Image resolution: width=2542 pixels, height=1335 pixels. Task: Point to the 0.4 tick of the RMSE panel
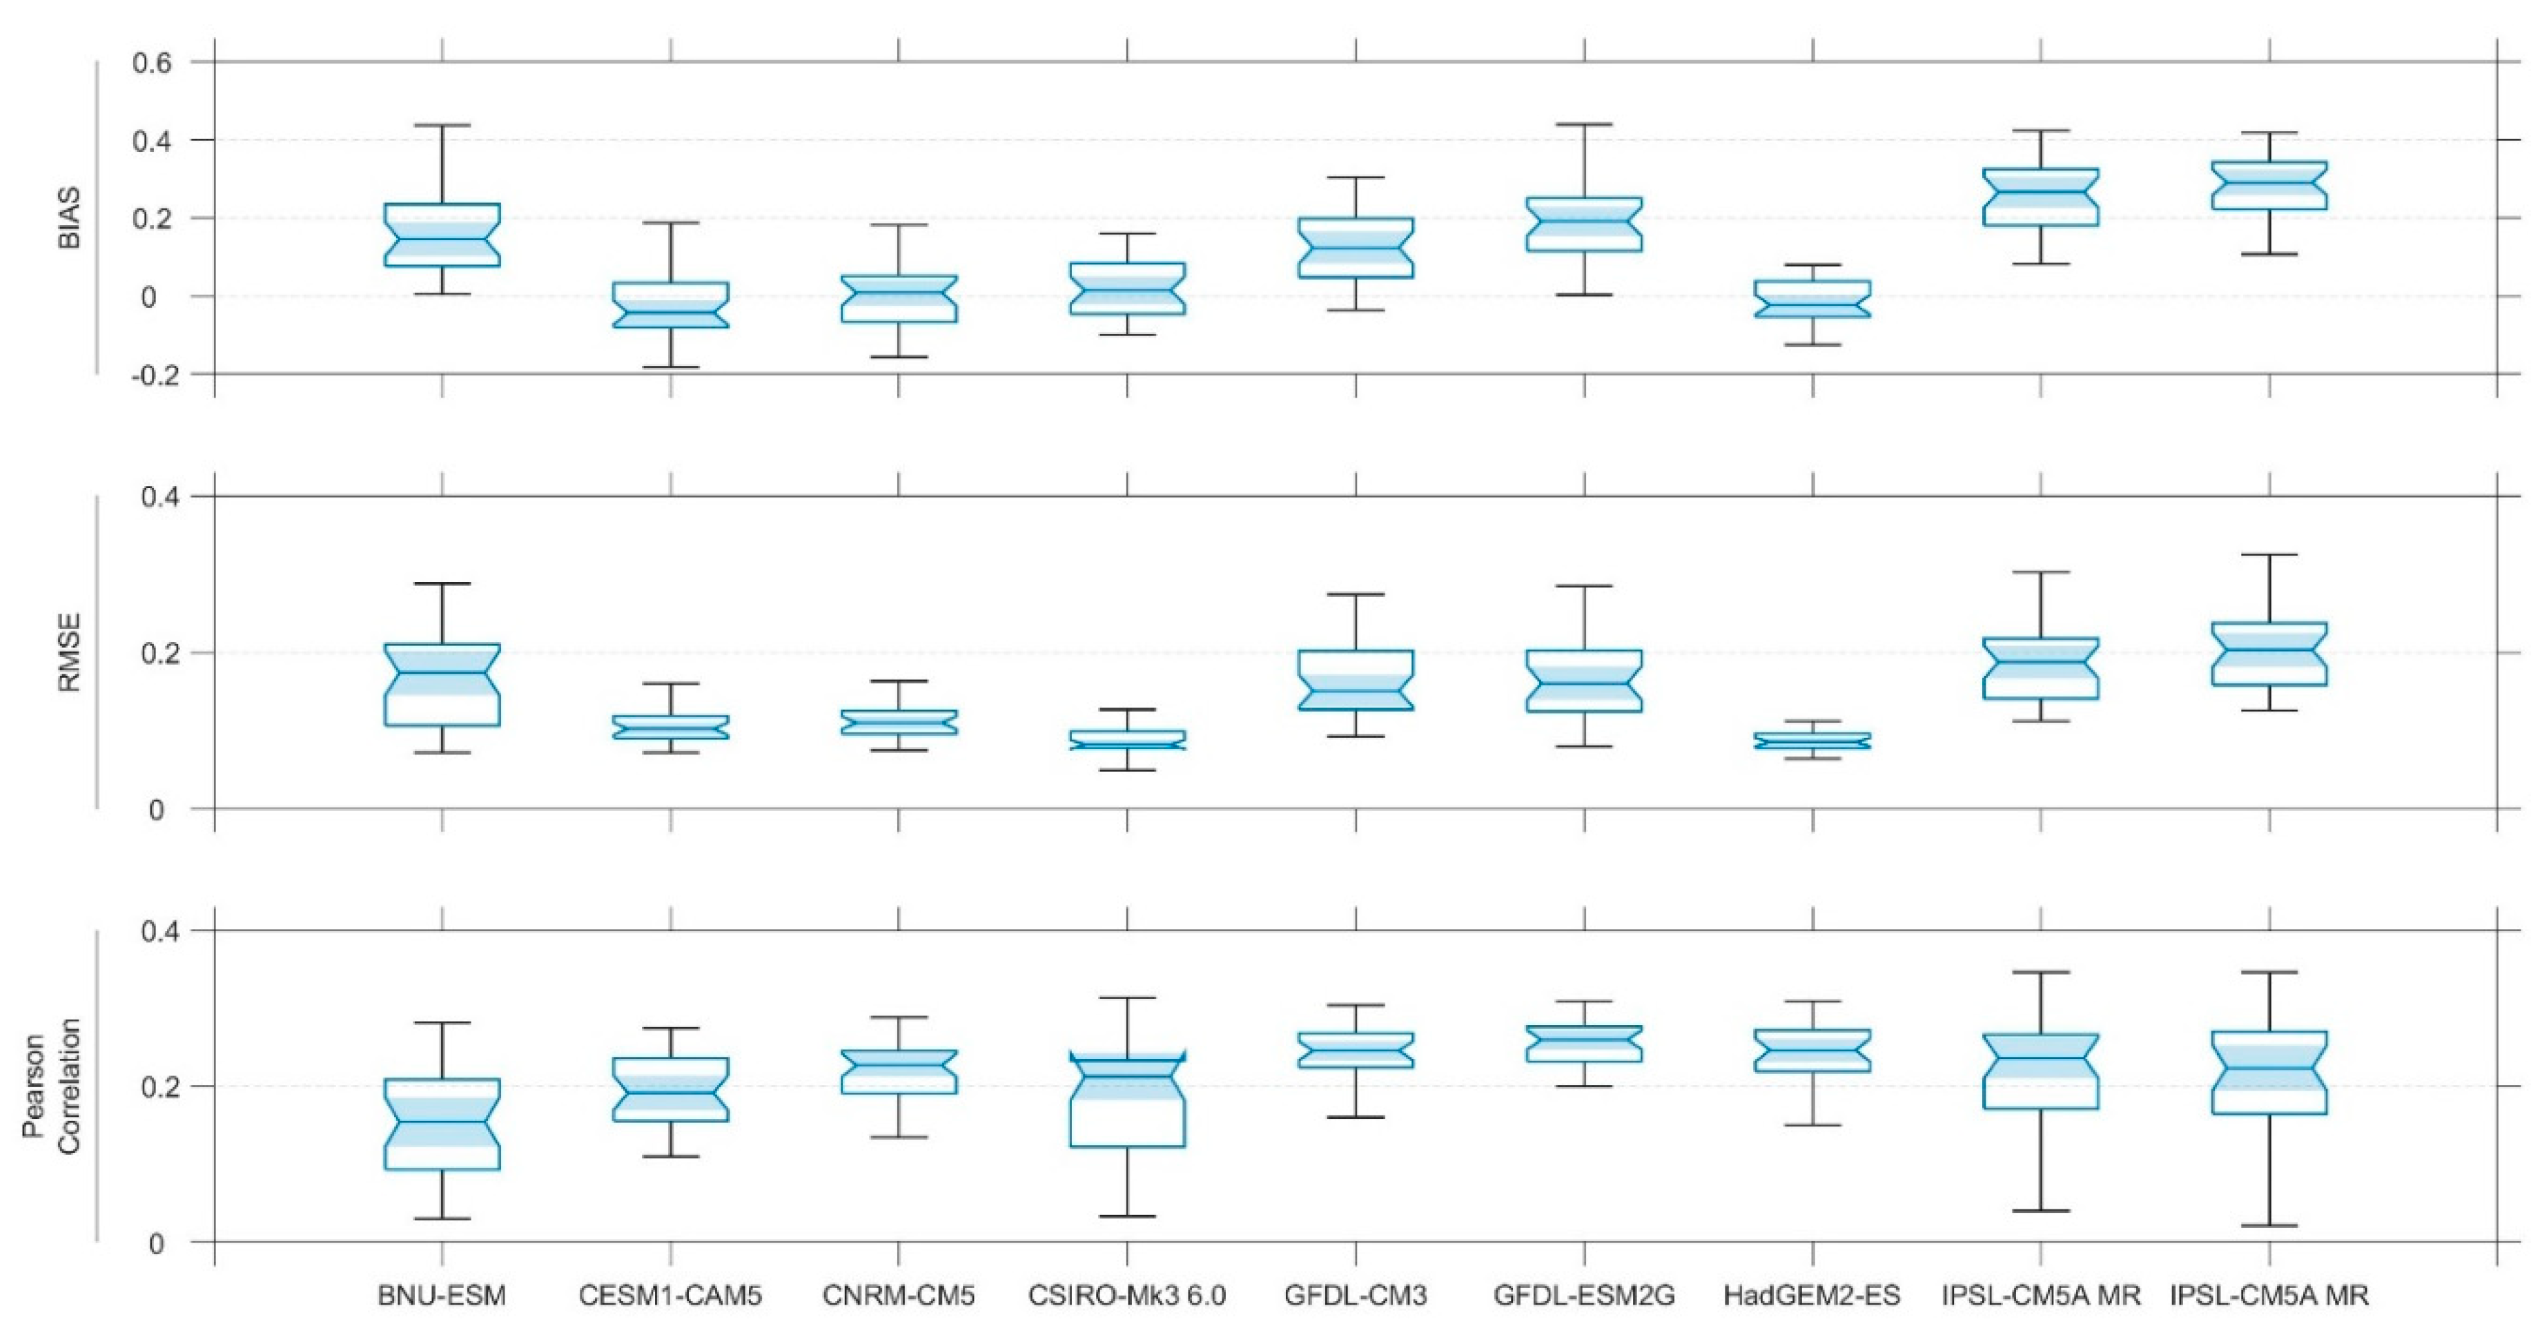(x=160, y=496)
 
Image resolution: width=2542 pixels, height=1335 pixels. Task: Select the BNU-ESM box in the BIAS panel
(x=442, y=235)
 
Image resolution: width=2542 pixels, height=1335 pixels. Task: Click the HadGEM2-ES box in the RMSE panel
(x=1812, y=740)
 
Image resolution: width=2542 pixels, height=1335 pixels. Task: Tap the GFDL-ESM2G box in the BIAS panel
(x=1585, y=224)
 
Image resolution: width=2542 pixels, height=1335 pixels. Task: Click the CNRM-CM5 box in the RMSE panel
(x=899, y=722)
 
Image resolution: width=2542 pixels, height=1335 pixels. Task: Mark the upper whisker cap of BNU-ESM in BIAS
(x=442, y=126)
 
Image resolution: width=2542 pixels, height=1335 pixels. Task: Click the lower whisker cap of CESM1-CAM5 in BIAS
(x=671, y=367)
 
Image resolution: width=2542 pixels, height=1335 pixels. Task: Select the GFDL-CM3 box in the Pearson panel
(x=1356, y=1050)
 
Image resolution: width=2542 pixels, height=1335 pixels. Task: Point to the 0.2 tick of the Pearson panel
(x=160, y=1086)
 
